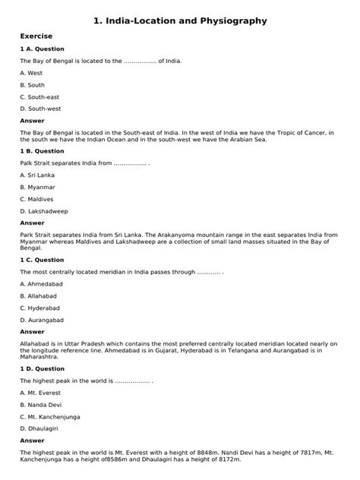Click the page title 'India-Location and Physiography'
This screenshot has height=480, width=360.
[180, 21]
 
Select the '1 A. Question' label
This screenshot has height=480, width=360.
[43, 49]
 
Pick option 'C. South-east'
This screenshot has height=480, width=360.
[40, 97]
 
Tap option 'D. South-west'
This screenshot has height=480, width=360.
[41, 109]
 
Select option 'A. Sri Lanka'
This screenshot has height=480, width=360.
[38, 175]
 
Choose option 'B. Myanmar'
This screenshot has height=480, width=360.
[38, 188]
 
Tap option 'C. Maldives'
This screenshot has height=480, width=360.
[38, 200]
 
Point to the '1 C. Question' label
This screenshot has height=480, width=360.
[43, 260]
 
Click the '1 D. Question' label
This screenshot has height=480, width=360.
[43, 368]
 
